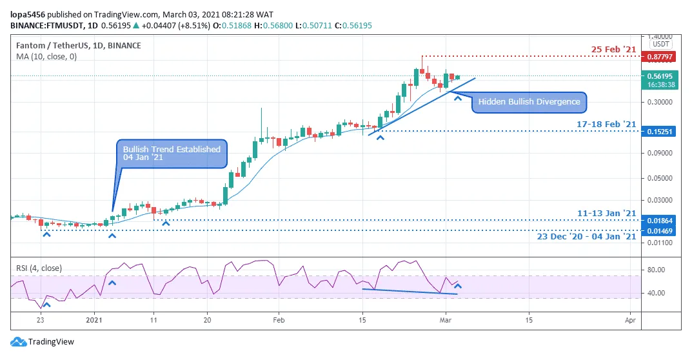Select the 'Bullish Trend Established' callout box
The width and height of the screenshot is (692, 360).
172,154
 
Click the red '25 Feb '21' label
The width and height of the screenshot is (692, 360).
615,49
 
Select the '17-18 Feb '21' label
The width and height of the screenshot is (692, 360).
607,124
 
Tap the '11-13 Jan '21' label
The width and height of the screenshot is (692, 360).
607,213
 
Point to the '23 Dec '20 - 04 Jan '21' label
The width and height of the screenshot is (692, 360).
586,237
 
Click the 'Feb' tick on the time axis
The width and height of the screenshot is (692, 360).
278,319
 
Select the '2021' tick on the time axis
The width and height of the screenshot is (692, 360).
94,319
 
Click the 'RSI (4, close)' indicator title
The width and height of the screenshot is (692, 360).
40,266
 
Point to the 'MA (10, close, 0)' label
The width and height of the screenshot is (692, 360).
46,56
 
